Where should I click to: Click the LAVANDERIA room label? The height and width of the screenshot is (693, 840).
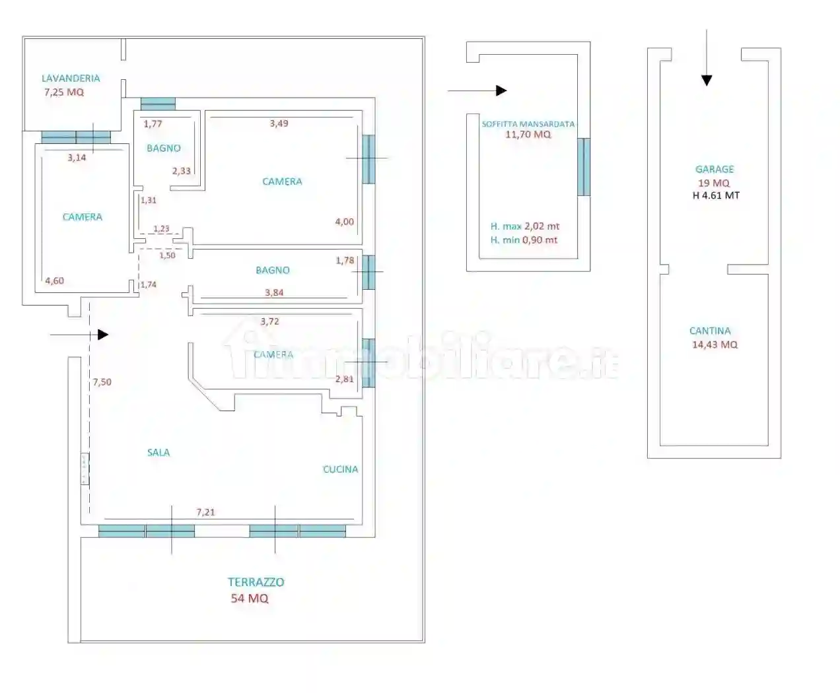(71, 78)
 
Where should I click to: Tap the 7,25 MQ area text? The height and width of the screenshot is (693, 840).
(64, 92)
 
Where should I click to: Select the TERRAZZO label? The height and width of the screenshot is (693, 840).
(256, 582)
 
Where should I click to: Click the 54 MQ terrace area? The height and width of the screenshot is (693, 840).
(249, 599)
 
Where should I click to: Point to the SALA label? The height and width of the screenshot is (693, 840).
(158, 452)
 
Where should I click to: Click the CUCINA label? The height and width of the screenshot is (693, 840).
(340, 469)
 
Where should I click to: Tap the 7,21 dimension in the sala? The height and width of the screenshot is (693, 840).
(205, 512)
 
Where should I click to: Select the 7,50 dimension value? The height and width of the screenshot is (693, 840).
(102, 381)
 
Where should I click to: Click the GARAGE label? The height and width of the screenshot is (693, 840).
(715, 169)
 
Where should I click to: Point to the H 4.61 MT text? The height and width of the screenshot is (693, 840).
(716, 195)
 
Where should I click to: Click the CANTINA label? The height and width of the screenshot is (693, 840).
(710, 331)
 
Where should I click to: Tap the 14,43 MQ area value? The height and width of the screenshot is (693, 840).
(715, 345)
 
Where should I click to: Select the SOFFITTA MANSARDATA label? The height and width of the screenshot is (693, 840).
(528, 123)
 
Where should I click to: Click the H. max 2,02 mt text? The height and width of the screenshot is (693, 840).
(525, 226)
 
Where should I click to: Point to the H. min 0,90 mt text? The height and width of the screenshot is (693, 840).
(524, 240)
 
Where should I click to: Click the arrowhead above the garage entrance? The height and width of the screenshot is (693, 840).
(707, 81)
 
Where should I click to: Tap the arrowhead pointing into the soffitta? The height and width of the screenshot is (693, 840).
(501, 90)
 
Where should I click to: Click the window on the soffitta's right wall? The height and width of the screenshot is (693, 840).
(583, 167)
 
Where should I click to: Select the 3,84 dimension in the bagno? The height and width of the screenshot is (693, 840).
(273, 292)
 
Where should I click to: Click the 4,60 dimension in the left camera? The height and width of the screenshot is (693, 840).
(54, 280)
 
